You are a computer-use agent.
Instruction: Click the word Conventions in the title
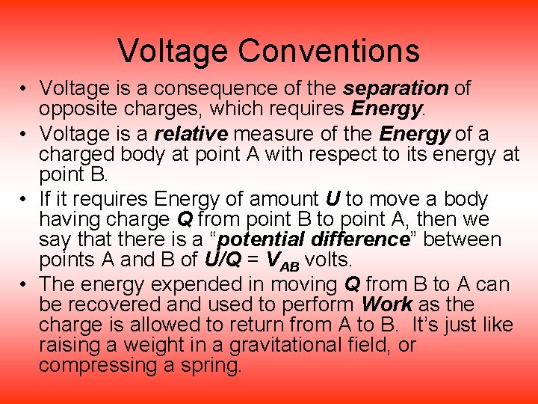(329, 51)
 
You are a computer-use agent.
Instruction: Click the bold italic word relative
(190, 134)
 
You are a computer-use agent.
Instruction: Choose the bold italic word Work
(386, 304)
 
